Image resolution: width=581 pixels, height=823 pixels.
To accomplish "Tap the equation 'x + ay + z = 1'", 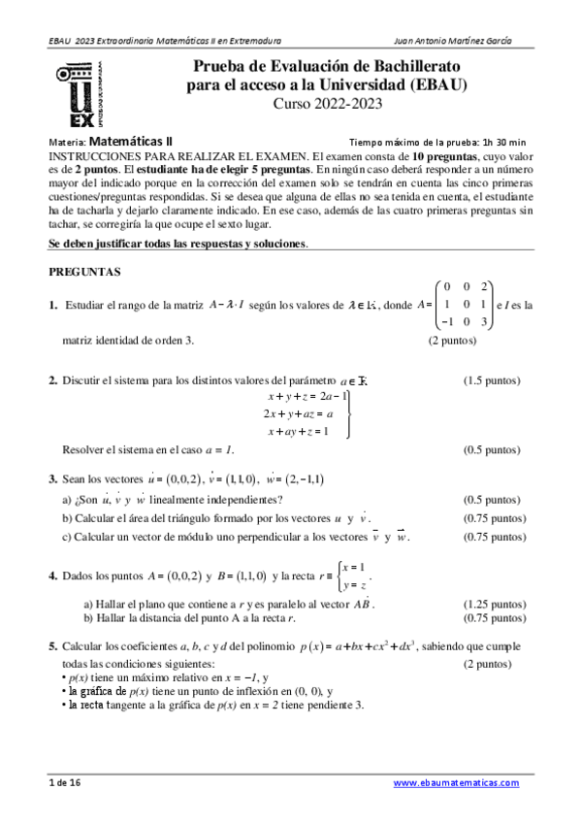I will [x=297, y=430].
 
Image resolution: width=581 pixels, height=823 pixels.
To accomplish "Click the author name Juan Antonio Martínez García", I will [x=455, y=41].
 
